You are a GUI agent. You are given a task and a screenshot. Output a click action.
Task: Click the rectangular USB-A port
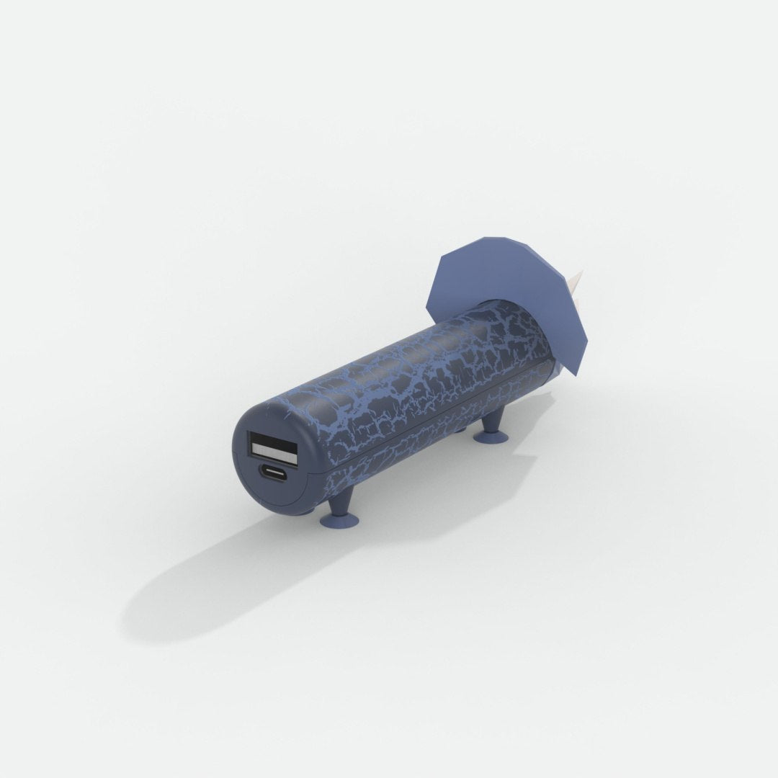click(273, 447)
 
